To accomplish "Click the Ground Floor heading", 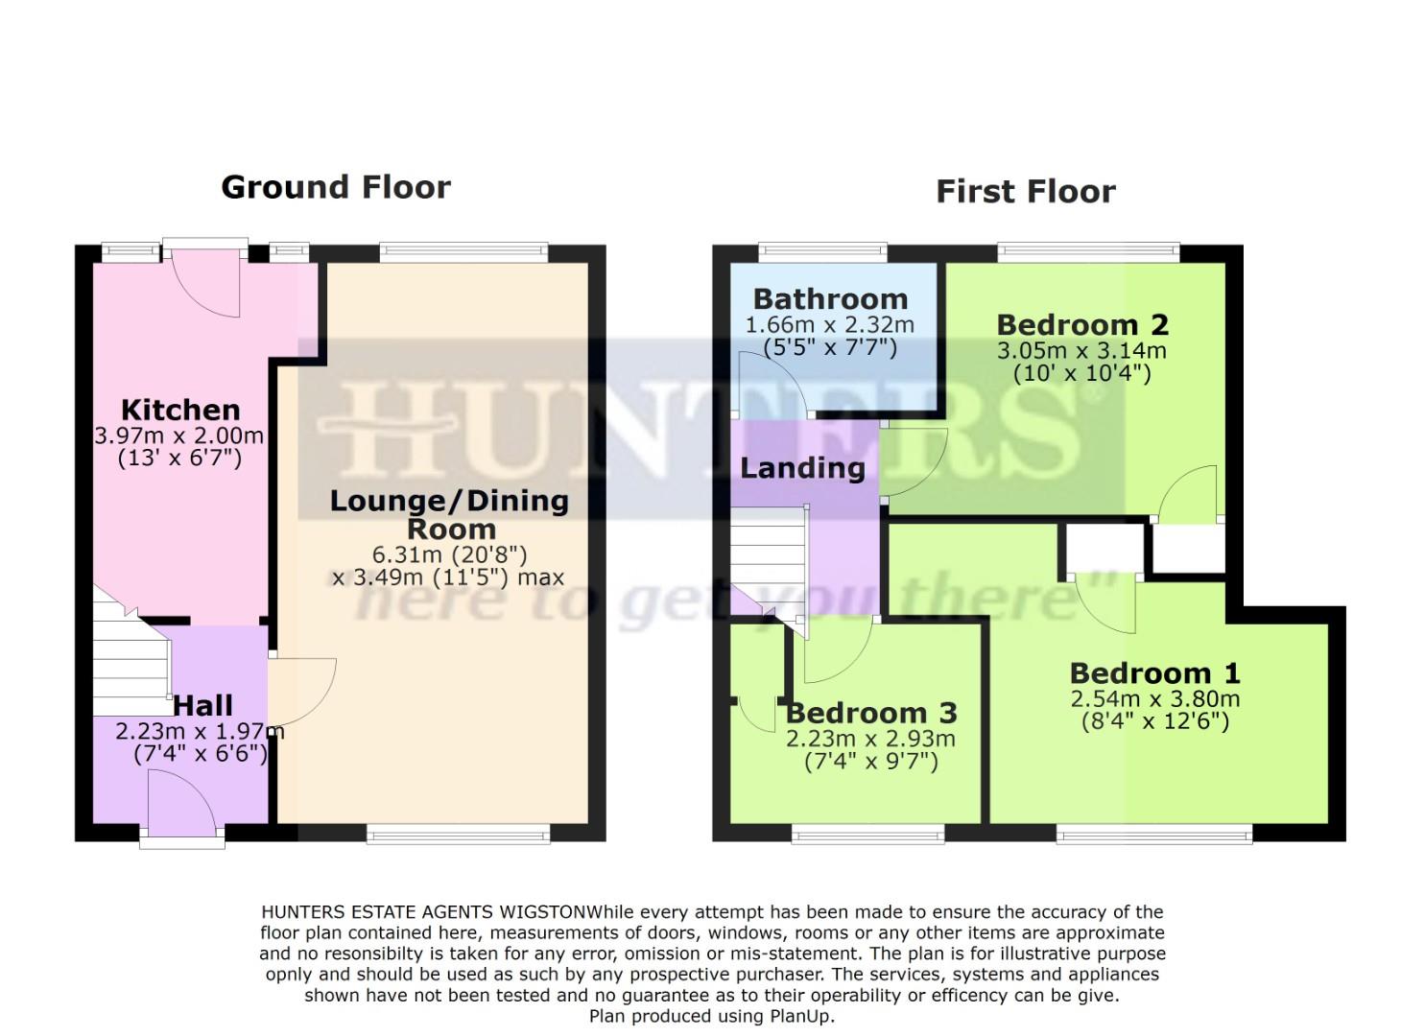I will coord(336,187).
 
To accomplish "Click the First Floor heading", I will coord(1025,192).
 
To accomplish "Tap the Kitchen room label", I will coord(180,410).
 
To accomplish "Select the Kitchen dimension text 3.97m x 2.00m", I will coord(178,436).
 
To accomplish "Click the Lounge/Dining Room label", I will coord(449,514).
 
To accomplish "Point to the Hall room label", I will coord(202,706).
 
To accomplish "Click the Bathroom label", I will coord(830,299).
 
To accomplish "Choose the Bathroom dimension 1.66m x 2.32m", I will coord(830,325).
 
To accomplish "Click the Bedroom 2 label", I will coord(1081,325).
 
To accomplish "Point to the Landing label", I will coord(802,468).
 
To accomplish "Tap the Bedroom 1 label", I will coord(1154,673).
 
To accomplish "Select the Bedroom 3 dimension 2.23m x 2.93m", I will coord(870,739).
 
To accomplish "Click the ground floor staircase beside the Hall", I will coord(130,662).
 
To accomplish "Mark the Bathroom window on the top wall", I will coord(823,252).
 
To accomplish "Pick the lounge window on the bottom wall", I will coord(459,835).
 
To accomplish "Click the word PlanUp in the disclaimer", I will coord(801,1016).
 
